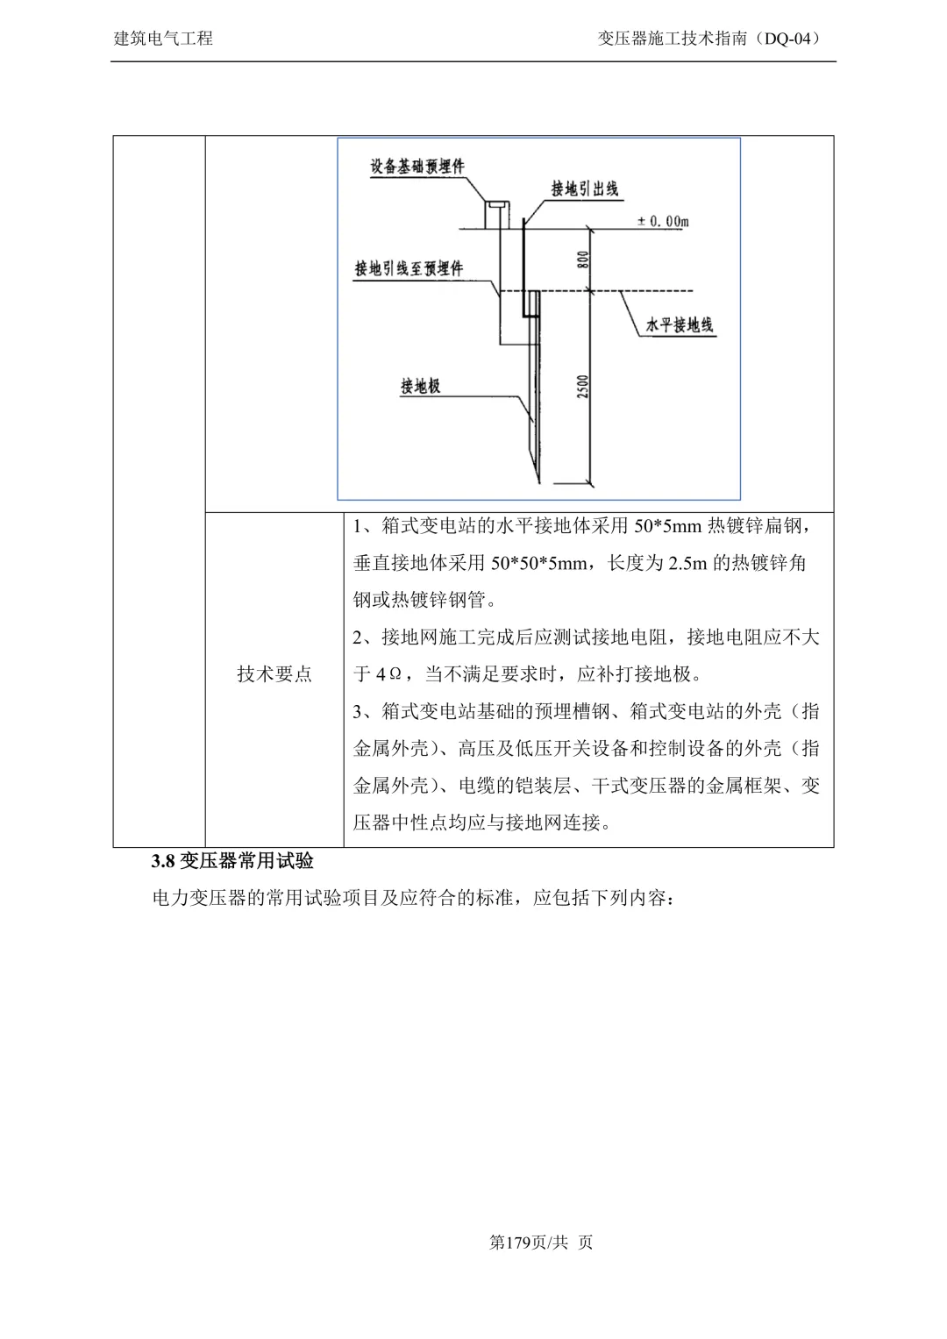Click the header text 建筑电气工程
tap(164, 39)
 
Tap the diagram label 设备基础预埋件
tap(417, 166)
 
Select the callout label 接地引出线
tap(585, 188)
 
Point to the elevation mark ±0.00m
tap(663, 222)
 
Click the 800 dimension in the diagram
tap(584, 260)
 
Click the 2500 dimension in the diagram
tap(584, 387)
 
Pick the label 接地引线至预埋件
tap(409, 268)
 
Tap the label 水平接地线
tap(680, 324)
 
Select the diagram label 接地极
tap(420, 385)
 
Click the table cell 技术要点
tap(274, 673)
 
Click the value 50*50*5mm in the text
tap(538, 563)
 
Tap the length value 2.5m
tap(687, 563)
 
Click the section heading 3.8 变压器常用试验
tap(232, 861)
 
